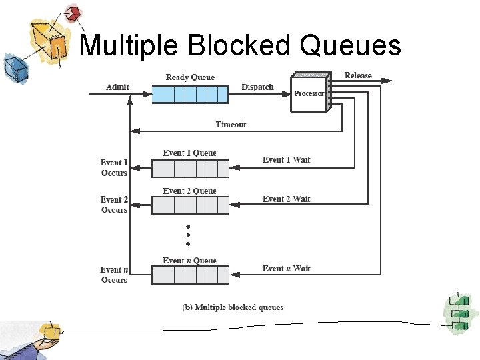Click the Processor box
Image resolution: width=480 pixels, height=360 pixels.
[x=309, y=93]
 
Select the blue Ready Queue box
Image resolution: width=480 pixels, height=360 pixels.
[x=190, y=93]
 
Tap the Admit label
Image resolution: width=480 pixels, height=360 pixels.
[x=117, y=87]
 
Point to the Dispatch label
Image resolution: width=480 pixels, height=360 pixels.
[x=257, y=87]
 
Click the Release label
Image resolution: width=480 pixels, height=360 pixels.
[x=358, y=75]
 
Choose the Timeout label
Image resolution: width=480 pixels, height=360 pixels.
[x=231, y=125]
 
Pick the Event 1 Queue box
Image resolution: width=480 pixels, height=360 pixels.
[x=190, y=169]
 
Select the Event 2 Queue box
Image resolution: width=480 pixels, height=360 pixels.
[x=190, y=206]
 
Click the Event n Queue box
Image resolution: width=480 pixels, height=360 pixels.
[x=190, y=275]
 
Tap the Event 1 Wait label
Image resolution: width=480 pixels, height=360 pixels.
[x=287, y=160]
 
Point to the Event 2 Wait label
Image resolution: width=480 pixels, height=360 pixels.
[x=287, y=199]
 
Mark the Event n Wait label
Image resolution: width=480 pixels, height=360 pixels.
[x=287, y=269]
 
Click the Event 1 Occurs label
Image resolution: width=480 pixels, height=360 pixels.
[x=114, y=167]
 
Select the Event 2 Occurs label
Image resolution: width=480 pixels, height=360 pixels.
[x=114, y=205]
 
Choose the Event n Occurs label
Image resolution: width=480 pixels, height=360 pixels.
[x=114, y=275]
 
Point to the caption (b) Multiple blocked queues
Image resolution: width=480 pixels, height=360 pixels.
[x=233, y=307]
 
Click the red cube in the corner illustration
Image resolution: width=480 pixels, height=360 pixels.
[x=73, y=13]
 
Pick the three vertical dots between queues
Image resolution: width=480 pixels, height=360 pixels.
[x=189, y=235]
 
